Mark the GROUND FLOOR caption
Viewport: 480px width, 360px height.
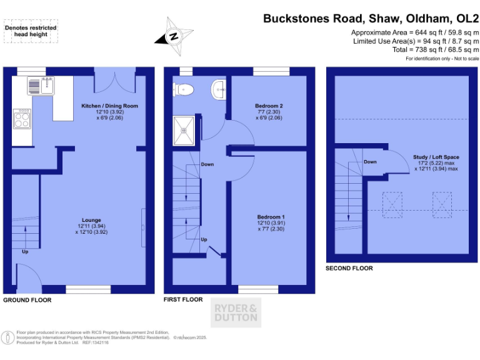point(27,301)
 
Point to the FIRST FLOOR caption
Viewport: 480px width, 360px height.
point(183,300)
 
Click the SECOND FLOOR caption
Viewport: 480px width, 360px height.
point(349,268)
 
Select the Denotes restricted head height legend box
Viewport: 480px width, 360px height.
point(31,31)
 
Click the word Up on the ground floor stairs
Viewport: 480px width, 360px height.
point(25,252)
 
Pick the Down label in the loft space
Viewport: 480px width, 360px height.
point(370,162)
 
